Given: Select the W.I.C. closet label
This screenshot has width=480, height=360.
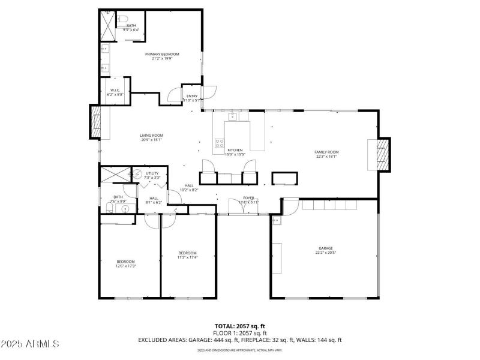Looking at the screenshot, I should pos(116,91).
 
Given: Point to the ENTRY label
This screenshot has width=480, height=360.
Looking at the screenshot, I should pos(192,96).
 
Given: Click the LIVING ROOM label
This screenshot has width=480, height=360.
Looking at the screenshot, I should pos(152,136).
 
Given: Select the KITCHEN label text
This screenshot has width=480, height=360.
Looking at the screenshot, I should pos(235,150).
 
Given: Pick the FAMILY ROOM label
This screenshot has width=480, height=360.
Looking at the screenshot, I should pos(326,152).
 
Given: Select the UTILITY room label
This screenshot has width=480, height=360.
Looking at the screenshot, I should pos(152,173).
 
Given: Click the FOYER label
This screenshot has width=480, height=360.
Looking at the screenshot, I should pos(248,197).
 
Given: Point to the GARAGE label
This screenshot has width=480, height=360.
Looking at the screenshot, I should pos(325,248).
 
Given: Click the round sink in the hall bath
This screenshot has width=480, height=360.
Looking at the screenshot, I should pos(126,209).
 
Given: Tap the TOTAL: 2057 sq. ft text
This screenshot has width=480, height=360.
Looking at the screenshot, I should pos(240,326).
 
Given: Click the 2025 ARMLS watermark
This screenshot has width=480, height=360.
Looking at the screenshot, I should pos(30,344).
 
